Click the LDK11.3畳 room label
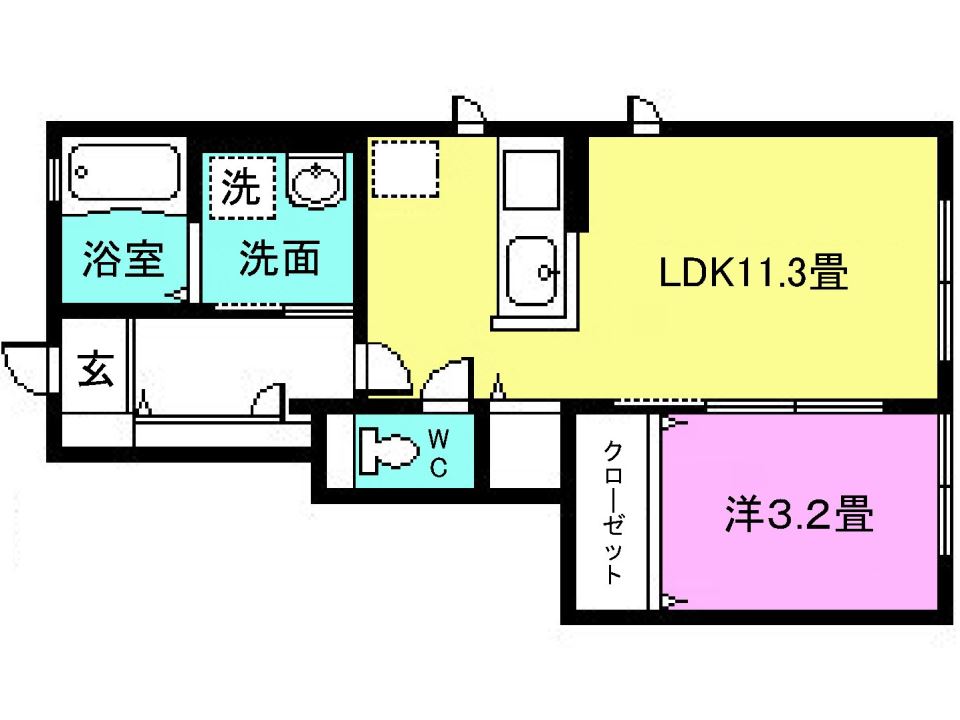click(753, 271)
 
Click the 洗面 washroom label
click(279, 259)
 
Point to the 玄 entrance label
click(95, 371)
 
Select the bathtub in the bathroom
click(123, 174)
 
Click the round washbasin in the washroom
click(316, 182)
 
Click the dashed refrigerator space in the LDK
click(405, 169)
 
